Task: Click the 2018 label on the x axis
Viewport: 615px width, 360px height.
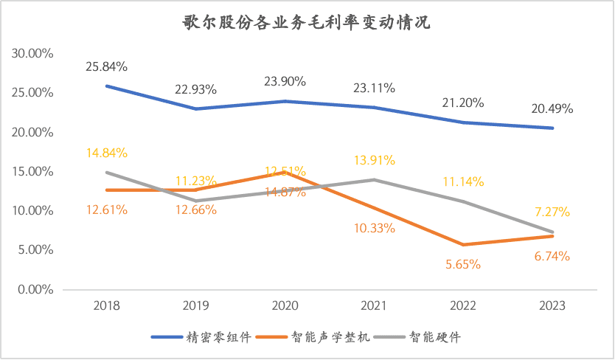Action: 107,305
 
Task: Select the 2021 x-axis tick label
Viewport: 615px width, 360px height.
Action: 374,305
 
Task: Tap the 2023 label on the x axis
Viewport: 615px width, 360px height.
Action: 552,305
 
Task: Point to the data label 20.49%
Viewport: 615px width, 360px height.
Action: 552,108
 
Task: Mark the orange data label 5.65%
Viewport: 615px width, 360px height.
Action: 463,263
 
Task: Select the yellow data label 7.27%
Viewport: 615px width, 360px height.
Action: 552,212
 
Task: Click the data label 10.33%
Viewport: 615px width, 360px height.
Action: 374,228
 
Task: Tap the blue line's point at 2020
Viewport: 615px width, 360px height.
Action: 285,101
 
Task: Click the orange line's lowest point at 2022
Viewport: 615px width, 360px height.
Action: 463,244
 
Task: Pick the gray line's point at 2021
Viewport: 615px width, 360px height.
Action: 374,179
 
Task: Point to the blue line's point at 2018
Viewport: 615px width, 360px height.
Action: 107,86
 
